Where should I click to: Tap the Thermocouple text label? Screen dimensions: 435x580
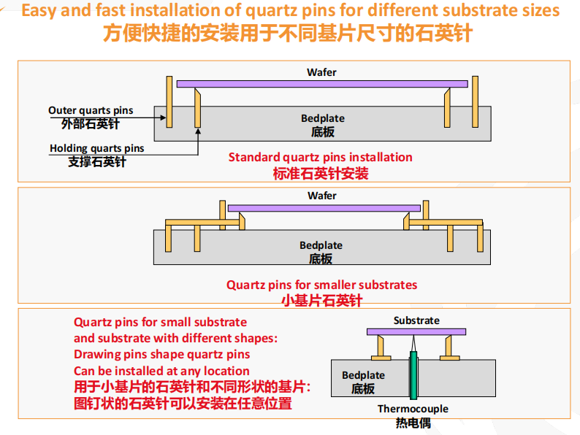coord(413,409)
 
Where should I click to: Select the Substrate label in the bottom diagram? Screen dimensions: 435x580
coord(416,320)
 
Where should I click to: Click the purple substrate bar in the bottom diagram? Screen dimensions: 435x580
coord(416,332)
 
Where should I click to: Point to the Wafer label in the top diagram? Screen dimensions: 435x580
coord(321,72)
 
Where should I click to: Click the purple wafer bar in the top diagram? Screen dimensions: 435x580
coord(322,85)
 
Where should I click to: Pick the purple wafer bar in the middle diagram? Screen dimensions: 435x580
coord(322,208)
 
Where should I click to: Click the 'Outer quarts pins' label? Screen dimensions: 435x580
coord(91,110)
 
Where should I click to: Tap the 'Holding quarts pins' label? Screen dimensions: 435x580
coord(96,148)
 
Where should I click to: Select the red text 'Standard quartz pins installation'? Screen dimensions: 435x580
coord(320,157)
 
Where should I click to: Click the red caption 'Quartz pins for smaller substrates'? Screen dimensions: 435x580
coord(321,285)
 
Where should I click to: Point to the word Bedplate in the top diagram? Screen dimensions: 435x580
coord(322,118)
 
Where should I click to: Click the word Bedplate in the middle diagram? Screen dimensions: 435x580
coord(321,245)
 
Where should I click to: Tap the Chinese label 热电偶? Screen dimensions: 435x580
coord(413,423)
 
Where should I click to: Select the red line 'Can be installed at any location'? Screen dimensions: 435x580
coord(161,371)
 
